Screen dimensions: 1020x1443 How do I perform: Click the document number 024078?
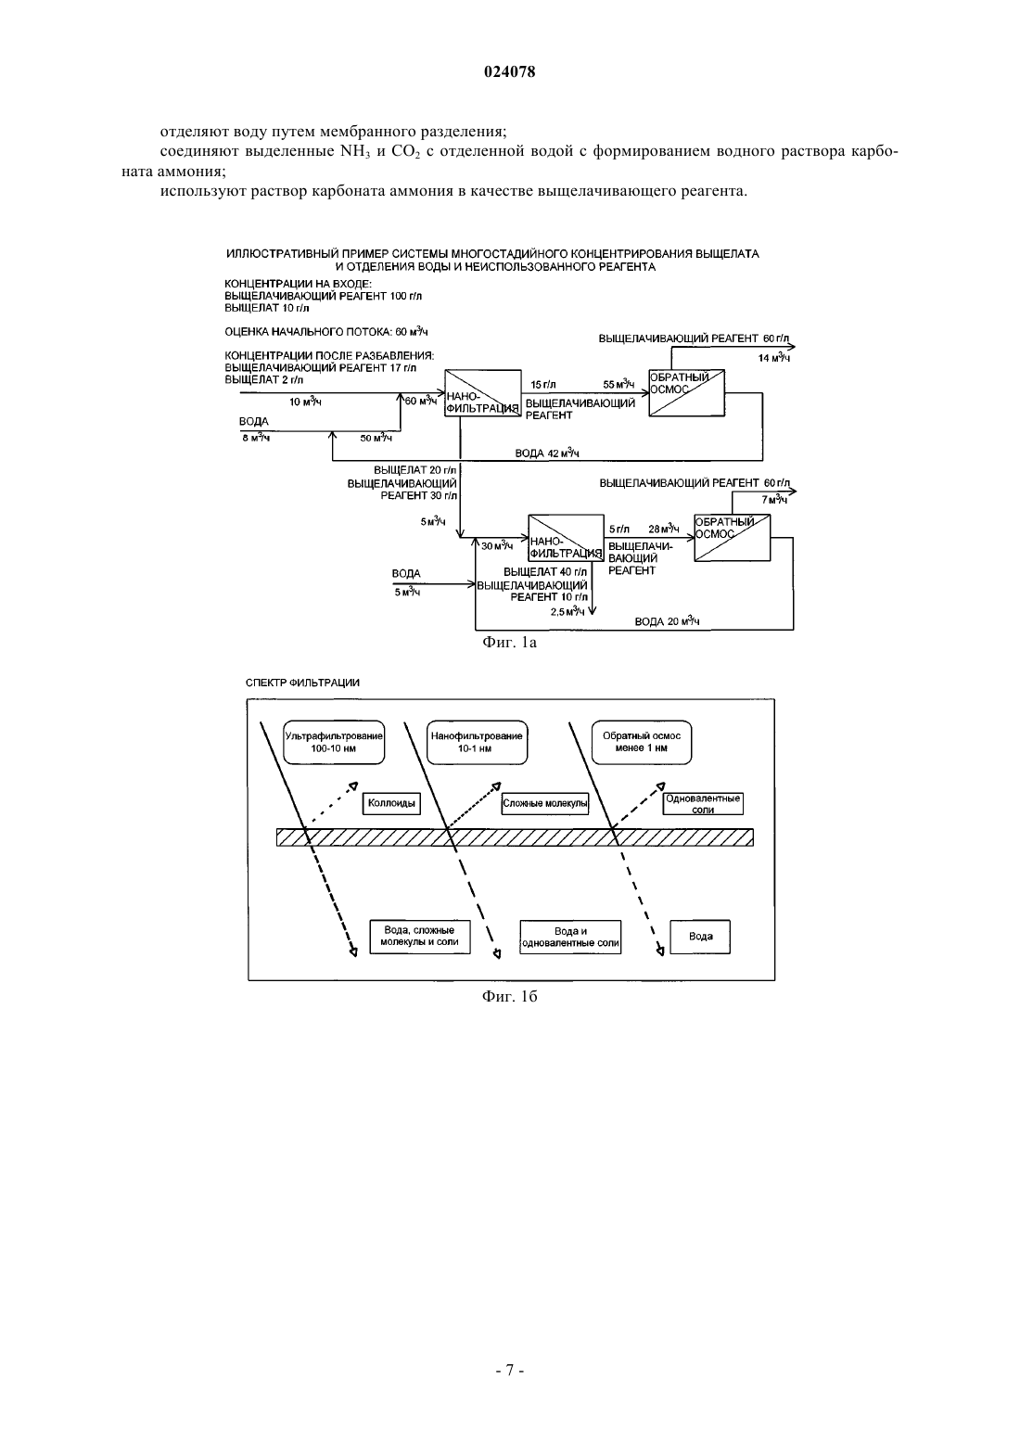coord(509,71)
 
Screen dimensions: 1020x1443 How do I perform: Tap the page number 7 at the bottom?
coord(509,1371)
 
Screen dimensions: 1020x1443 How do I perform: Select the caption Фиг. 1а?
coord(509,643)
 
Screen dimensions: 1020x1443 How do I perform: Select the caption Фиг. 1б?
coord(509,997)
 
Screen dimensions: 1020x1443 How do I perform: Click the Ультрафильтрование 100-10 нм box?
coord(334,742)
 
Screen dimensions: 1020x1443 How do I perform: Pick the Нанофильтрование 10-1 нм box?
coord(477,742)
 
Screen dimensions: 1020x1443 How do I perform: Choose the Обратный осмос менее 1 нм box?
coord(642,742)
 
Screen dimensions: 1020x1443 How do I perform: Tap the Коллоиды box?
coord(391,803)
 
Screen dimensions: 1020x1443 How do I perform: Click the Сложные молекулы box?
coord(545,803)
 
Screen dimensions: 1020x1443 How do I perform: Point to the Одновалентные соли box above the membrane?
coord(703,803)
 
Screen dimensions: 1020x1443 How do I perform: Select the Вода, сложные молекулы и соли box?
coord(420,937)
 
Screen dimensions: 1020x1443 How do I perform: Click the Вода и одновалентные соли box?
coord(570,937)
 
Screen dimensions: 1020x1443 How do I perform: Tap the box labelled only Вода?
coord(701,937)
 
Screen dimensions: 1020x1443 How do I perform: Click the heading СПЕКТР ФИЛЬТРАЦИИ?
coord(302,683)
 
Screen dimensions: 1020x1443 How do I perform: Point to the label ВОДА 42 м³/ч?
coord(547,453)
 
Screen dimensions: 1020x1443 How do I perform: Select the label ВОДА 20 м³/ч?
coord(667,621)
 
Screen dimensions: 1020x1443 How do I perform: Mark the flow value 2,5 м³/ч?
coord(567,611)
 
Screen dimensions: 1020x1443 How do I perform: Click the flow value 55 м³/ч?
coord(618,385)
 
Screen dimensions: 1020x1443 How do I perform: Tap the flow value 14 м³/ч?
coord(773,358)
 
